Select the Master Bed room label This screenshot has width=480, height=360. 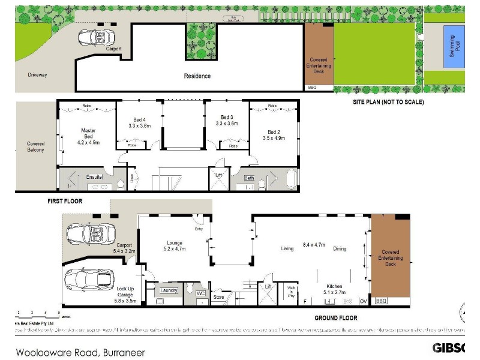point(88,136)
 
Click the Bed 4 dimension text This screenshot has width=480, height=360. point(139,126)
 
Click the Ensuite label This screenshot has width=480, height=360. point(94,177)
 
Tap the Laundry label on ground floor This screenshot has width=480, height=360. point(169,290)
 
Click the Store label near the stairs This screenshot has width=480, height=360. point(218,296)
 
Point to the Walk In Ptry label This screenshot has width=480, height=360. point(292,292)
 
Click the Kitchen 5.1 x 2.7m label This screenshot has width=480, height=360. point(334,290)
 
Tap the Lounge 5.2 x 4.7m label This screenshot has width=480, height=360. point(175,245)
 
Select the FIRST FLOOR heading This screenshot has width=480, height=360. point(65,201)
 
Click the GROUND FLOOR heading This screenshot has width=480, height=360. point(335,318)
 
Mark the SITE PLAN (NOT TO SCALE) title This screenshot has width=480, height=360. point(388,102)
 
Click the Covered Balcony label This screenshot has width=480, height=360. point(35,146)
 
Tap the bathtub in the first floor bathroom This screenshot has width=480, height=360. point(292,179)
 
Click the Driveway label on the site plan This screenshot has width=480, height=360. point(37,75)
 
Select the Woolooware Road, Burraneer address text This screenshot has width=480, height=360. point(80,352)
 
